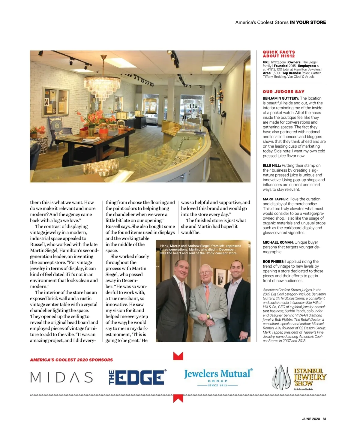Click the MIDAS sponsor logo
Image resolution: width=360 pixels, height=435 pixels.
click(x=61, y=377)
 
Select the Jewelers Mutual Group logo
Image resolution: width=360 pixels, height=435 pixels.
click(x=218, y=377)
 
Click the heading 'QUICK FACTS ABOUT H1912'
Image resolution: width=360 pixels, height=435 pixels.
click(x=279, y=54)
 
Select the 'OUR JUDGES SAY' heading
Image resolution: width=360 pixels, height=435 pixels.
click(x=283, y=92)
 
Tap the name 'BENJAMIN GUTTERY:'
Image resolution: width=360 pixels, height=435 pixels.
click(x=281, y=98)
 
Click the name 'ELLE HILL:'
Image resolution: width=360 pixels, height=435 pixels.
click(x=271, y=166)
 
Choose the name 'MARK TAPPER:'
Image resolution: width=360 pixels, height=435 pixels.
click(x=276, y=199)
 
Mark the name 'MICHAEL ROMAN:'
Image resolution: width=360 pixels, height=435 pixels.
click(x=278, y=242)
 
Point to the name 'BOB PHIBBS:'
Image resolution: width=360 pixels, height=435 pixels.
click(x=273, y=262)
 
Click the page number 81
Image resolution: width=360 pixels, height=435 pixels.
click(x=324, y=419)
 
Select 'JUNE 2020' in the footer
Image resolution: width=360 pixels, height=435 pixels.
click(x=311, y=419)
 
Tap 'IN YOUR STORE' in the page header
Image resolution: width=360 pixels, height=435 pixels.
click(x=308, y=22)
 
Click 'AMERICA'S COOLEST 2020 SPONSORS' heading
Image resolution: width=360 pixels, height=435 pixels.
click(x=71, y=360)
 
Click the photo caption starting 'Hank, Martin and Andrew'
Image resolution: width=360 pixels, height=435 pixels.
click(x=200, y=249)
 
